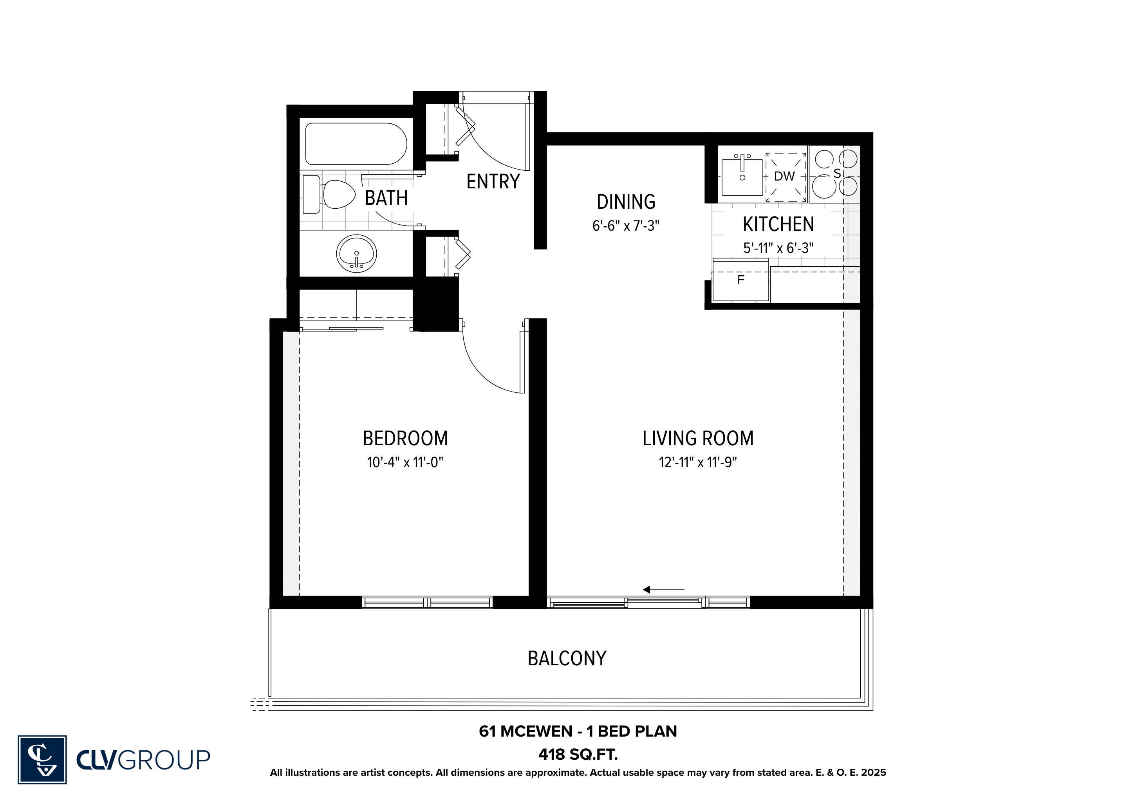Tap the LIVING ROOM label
point(698,439)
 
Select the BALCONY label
point(567,658)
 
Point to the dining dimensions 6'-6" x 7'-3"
point(626,226)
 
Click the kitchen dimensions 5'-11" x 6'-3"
point(778,248)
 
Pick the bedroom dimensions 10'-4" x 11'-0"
point(405,462)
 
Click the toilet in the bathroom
point(329,194)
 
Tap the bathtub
point(356,144)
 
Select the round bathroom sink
point(357,253)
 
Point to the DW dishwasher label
point(784,176)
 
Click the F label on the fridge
point(740,280)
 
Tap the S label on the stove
point(837,174)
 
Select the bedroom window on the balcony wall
point(427,603)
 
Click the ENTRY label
point(493,182)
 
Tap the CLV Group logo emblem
point(42,760)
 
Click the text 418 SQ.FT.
point(578,755)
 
